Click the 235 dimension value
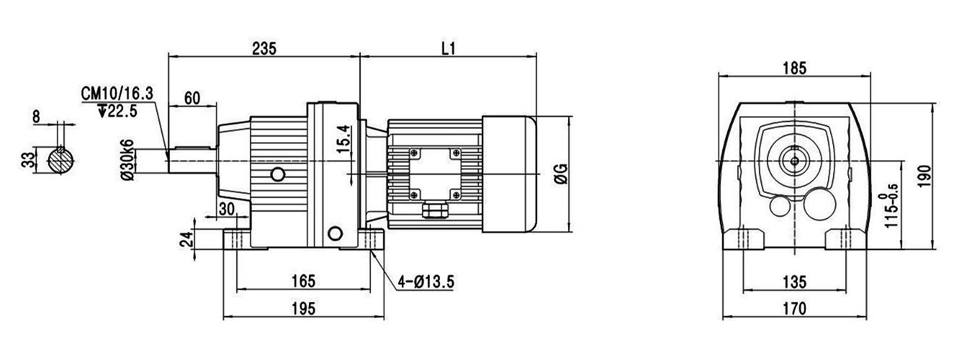[x=264, y=48]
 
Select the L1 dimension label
[x=449, y=48]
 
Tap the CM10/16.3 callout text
[x=117, y=94]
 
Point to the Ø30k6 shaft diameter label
[x=127, y=160]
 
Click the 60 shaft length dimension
[x=192, y=99]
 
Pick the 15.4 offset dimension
[x=343, y=139]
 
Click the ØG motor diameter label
[x=562, y=174]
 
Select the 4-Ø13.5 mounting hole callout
[x=426, y=282]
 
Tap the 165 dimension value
[x=303, y=281]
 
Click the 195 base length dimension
[x=303, y=309]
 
